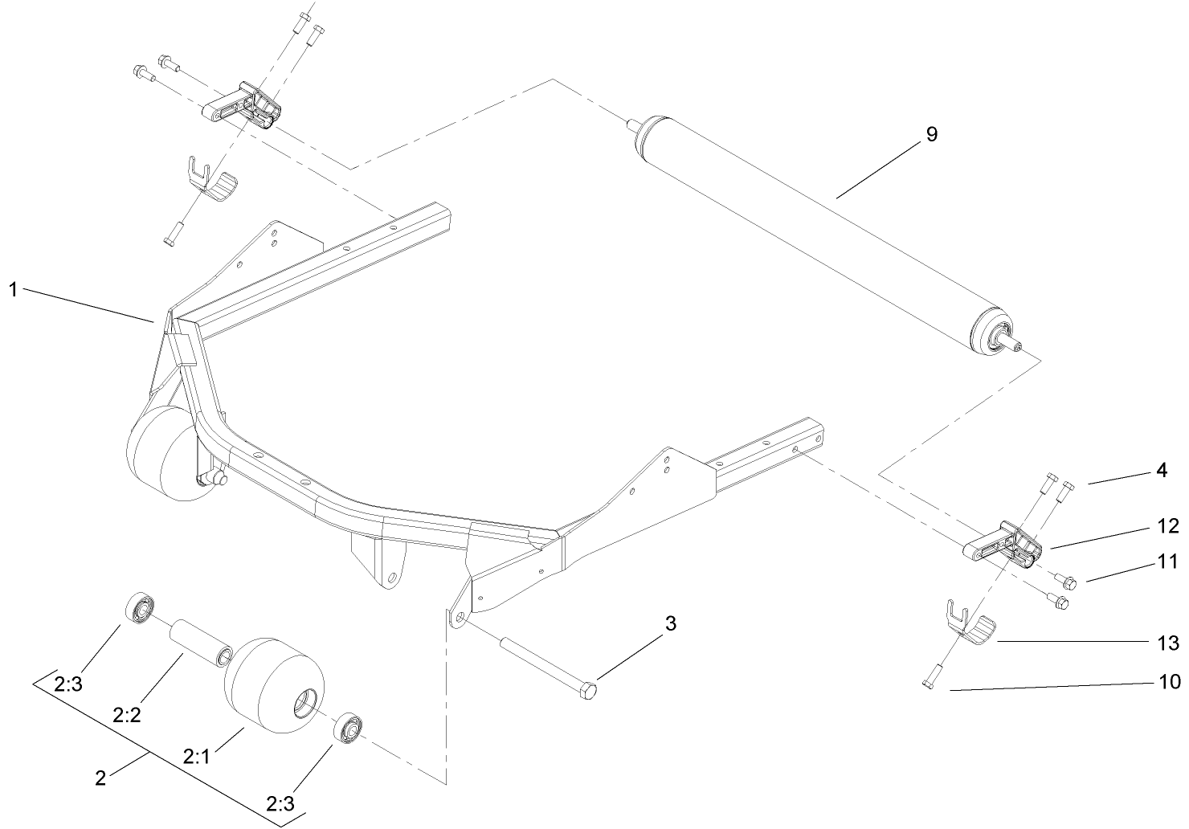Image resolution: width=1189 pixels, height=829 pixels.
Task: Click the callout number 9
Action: [931, 134]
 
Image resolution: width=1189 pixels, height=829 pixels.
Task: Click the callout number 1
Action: [13, 290]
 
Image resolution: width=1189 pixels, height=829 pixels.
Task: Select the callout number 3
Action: [671, 623]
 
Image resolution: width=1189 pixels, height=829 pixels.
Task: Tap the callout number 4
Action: [1161, 472]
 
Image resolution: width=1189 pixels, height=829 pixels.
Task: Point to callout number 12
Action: [1167, 526]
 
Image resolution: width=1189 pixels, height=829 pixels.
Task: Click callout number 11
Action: [1167, 562]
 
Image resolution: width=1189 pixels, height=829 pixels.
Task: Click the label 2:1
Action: [196, 756]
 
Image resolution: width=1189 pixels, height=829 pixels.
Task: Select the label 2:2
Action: [127, 714]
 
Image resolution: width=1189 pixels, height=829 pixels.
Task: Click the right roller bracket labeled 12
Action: [1004, 546]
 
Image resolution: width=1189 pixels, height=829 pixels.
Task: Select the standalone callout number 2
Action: [100, 777]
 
